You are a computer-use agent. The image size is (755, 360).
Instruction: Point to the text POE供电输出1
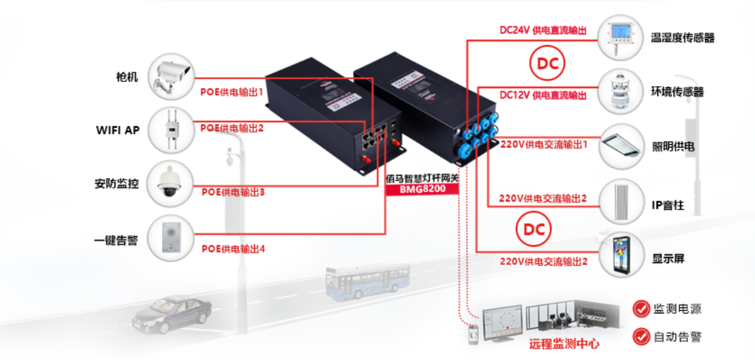pyautogui.click(x=232, y=91)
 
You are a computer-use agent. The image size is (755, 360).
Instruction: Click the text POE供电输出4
pyautogui.click(x=233, y=249)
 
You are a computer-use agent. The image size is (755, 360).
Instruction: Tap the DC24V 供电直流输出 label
pyautogui.click(x=543, y=31)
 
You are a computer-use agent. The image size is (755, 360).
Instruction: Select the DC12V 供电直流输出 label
pyautogui.click(x=543, y=95)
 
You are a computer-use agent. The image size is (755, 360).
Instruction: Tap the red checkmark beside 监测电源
pyautogui.click(x=640, y=309)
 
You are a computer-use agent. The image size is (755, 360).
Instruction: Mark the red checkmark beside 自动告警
pyautogui.click(x=640, y=336)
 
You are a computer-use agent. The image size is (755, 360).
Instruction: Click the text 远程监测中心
pyautogui.click(x=564, y=344)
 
